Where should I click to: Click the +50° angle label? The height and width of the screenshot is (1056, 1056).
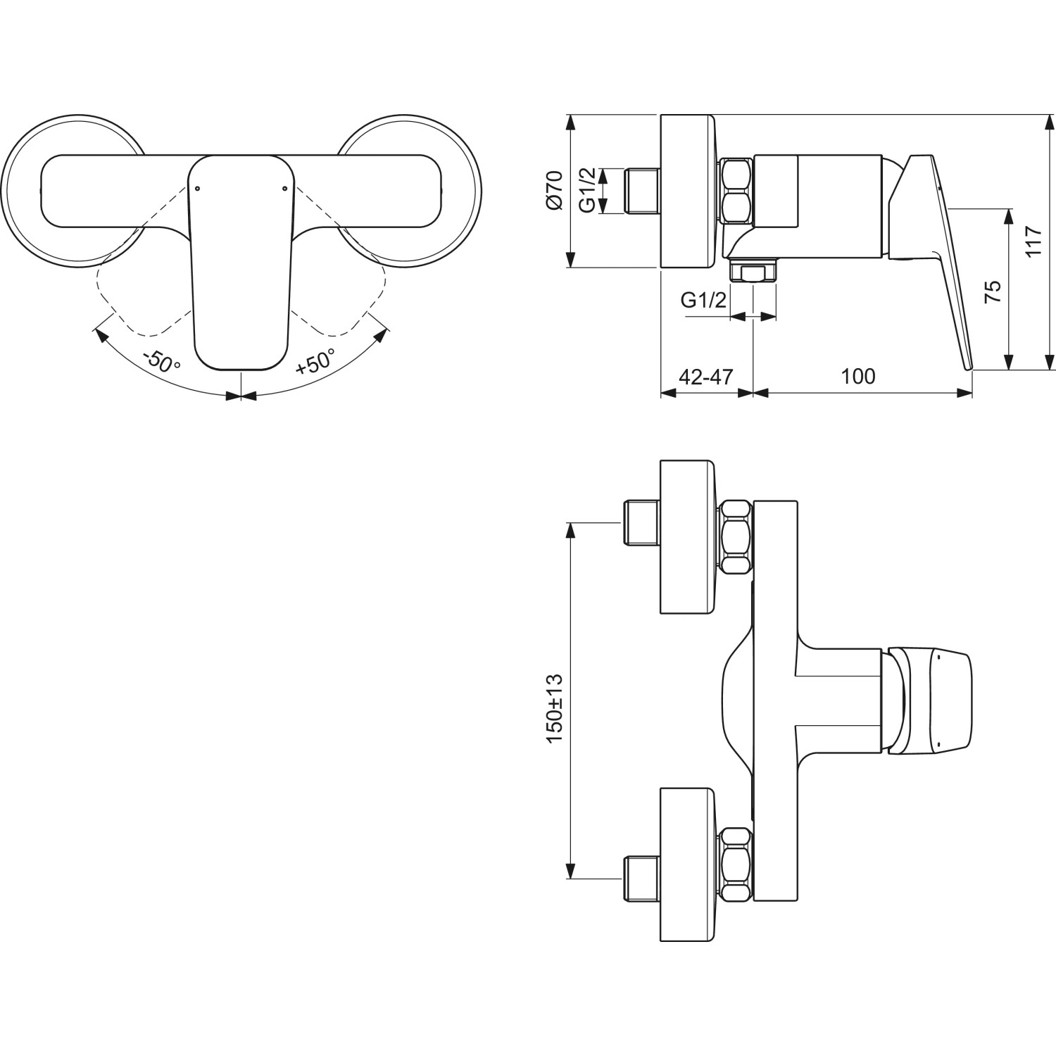(x=315, y=361)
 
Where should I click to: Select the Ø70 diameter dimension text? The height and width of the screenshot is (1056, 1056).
(x=554, y=190)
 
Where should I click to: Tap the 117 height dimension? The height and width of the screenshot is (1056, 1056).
(x=1033, y=241)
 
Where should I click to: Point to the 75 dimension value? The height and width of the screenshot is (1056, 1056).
(x=991, y=291)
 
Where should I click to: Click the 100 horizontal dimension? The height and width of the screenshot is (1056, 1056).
(x=858, y=377)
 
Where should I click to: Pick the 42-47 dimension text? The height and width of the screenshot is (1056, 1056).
(x=705, y=377)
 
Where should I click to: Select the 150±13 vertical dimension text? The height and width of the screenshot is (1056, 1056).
(x=554, y=708)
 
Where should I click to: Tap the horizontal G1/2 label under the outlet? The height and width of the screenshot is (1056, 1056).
(x=703, y=301)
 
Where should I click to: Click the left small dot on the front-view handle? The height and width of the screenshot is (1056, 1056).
(x=196, y=188)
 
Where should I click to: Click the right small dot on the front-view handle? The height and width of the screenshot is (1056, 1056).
(x=284, y=188)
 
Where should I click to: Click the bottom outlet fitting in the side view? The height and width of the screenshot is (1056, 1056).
(x=753, y=272)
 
